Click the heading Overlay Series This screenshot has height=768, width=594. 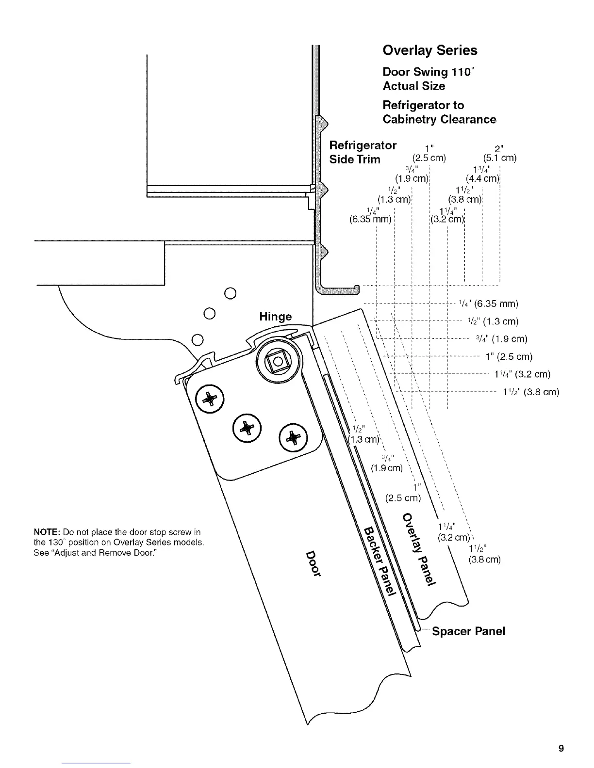pos(429,50)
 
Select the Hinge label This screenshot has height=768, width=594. pos(276,317)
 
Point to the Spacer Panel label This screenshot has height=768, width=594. pos(468,631)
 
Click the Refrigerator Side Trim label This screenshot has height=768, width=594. pos(363,152)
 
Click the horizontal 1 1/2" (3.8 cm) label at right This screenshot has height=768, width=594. pos(531,392)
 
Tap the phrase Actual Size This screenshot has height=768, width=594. pos(413,86)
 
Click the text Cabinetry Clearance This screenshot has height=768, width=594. pos(439,119)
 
